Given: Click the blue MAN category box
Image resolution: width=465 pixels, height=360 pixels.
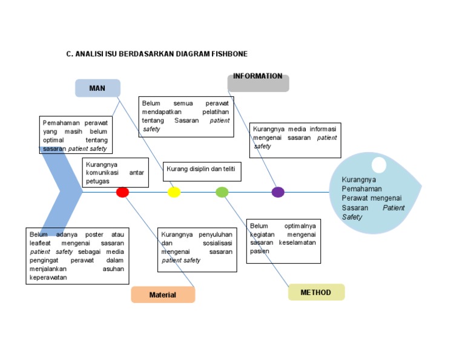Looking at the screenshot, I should click(97, 88).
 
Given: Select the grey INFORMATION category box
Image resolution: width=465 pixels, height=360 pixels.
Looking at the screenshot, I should click(258, 82).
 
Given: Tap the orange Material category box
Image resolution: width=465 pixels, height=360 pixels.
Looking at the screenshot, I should click(163, 295).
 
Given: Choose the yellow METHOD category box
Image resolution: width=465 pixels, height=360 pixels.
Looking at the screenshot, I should click(316, 292).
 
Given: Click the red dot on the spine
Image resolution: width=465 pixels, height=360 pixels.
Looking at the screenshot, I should click(122, 192).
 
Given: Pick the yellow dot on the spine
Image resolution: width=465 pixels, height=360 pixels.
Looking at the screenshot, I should click(174, 192).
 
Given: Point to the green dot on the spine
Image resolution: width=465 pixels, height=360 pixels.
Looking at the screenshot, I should click(222, 192).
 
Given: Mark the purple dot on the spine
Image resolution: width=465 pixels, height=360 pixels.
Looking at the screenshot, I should click(278, 192).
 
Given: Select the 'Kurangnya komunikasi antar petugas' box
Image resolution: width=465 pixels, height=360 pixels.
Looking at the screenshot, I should click(115, 173).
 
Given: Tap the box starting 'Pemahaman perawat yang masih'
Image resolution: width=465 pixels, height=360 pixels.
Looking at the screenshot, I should click(76, 135).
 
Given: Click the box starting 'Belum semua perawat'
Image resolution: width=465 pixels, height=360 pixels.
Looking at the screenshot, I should click(186, 116).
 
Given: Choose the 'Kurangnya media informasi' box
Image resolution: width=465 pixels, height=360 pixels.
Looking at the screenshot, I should click(294, 140).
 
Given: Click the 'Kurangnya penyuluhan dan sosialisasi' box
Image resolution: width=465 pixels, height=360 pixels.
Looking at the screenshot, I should click(197, 250).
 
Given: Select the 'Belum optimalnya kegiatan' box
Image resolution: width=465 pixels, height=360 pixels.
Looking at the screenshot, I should click(283, 241).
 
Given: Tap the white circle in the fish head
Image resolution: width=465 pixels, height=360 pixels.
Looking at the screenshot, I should click(378, 164).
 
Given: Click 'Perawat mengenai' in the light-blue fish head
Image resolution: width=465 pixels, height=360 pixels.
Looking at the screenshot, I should click(371, 198).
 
